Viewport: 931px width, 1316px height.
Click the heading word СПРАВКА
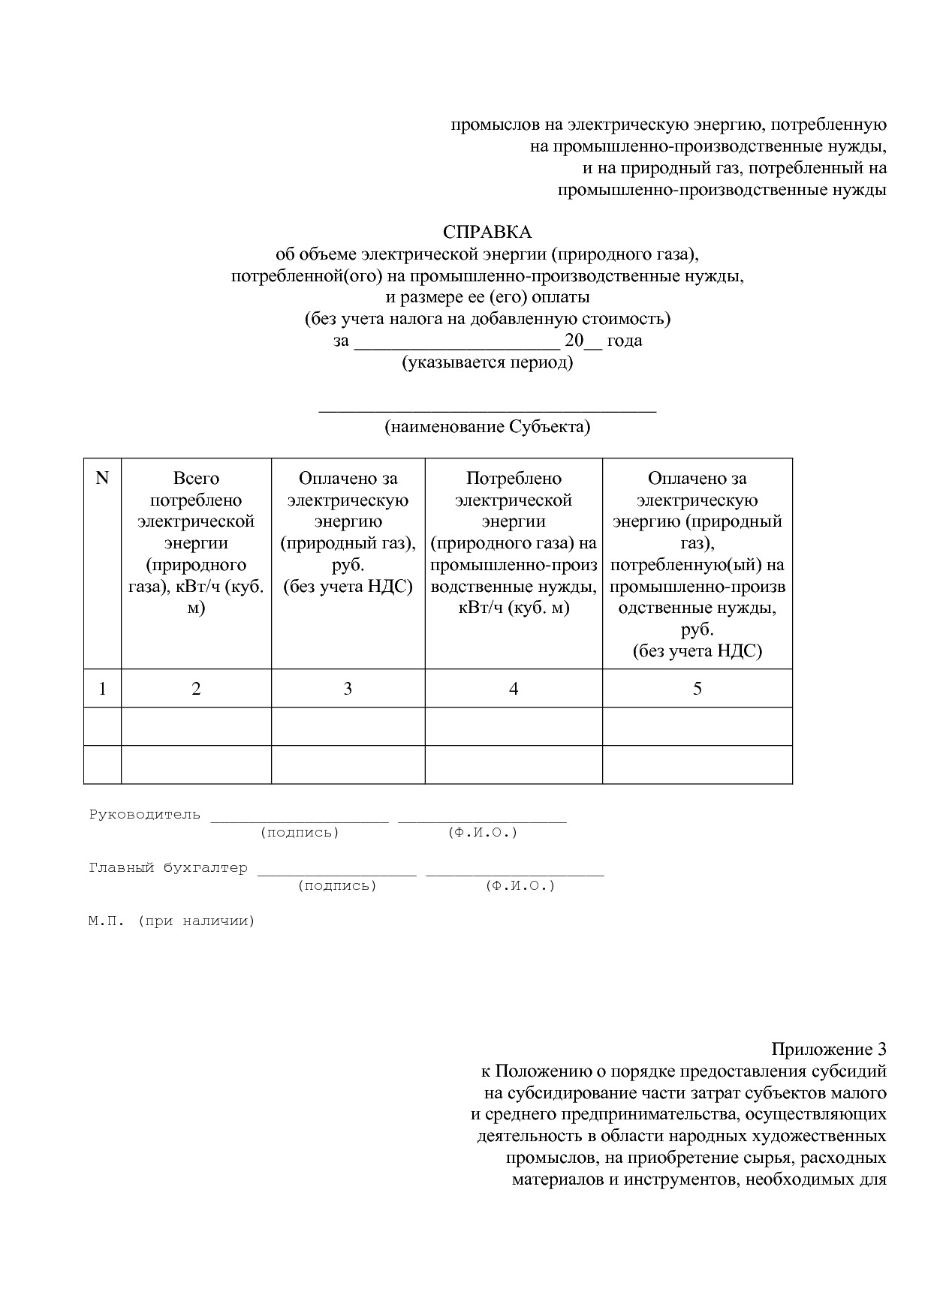tap(487, 233)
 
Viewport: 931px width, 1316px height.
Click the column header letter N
tap(102, 479)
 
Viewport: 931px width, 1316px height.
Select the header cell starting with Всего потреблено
tap(196, 542)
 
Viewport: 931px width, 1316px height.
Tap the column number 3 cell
tap(348, 689)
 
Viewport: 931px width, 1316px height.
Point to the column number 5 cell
tap(697, 689)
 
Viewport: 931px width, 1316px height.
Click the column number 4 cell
tap(514, 689)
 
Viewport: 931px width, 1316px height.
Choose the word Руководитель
tap(145, 815)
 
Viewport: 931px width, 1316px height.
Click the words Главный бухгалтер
tap(168, 868)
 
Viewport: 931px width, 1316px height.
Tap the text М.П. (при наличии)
tap(171, 921)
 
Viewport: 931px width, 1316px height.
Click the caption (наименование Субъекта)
tap(487, 427)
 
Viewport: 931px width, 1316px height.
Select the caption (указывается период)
tap(487, 363)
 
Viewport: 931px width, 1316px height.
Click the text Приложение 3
tap(829, 1049)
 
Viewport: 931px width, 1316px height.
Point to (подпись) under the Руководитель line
tap(300, 833)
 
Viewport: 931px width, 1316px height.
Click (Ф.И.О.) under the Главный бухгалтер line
tap(520, 886)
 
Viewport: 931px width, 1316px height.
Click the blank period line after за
tap(456, 347)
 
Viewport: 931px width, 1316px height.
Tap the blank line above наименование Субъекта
tap(487, 410)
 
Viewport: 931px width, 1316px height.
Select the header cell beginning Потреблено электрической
tap(514, 542)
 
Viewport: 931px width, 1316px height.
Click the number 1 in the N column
tap(102, 689)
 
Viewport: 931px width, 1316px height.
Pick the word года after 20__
tap(625, 341)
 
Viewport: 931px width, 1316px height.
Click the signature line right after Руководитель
tap(300, 820)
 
